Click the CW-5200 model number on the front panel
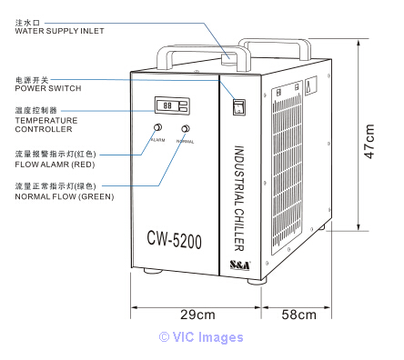click(x=174, y=239)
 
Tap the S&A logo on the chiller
click(x=240, y=265)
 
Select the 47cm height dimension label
click(x=369, y=141)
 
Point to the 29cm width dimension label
click(x=197, y=315)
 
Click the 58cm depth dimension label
click(x=298, y=315)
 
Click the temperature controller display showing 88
click(x=172, y=105)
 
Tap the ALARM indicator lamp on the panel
click(x=157, y=127)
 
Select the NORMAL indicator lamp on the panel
click(x=186, y=129)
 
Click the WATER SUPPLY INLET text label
click(x=59, y=31)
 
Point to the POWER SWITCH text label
click(x=48, y=88)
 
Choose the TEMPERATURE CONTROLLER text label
click(x=46, y=125)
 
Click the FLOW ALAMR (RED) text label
click(x=55, y=165)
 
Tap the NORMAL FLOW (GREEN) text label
click(x=65, y=196)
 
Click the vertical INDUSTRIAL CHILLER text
click(x=239, y=198)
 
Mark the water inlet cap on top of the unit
click(x=229, y=58)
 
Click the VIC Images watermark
click(x=201, y=337)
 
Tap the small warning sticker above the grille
click(x=310, y=85)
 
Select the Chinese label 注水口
click(x=27, y=23)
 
